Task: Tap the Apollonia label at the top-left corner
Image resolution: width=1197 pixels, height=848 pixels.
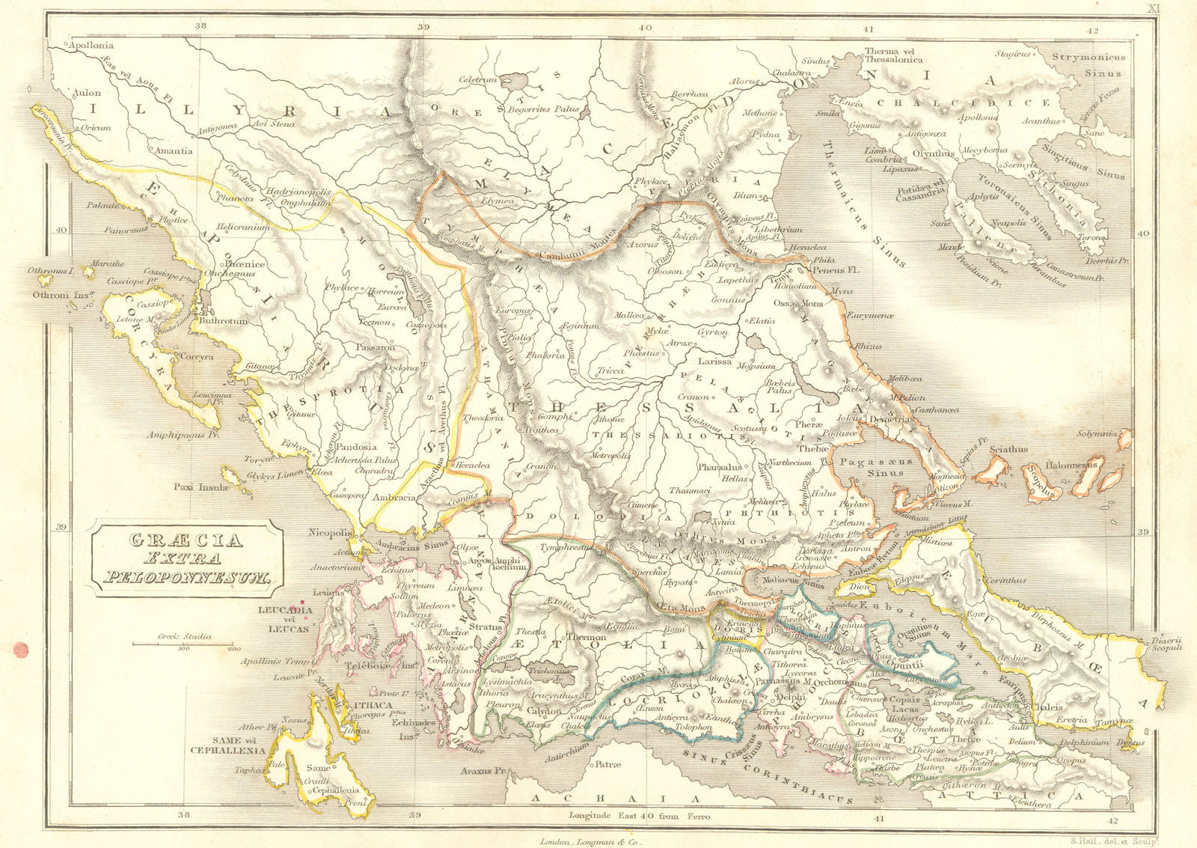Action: pos(90,45)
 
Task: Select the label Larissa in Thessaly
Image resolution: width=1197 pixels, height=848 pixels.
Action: pos(714,362)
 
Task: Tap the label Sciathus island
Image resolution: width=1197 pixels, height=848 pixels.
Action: pos(1008,450)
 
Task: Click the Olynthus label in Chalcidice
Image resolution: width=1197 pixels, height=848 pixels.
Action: pos(933,153)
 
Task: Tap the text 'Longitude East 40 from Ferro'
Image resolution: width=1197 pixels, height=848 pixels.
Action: pos(633,816)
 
